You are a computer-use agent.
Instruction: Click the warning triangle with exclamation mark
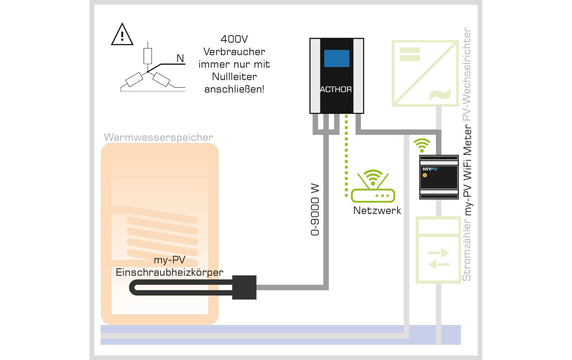click(x=122, y=35)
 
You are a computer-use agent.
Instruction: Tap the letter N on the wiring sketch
click(x=180, y=58)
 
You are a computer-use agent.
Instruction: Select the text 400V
click(x=234, y=39)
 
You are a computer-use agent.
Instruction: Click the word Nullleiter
click(x=234, y=77)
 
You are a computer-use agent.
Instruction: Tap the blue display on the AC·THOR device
click(x=336, y=58)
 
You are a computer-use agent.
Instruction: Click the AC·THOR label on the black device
click(x=336, y=90)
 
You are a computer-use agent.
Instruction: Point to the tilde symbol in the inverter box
click(x=440, y=94)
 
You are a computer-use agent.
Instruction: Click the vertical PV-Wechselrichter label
click(x=467, y=74)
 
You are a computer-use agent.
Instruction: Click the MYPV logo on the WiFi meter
click(x=430, y=169)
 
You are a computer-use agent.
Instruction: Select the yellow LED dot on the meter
click(x=425, y=175)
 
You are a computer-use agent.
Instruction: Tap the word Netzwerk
click(x=377, y=211)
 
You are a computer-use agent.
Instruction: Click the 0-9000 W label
click(x=315, y=210)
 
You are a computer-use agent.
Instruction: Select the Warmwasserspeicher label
click(x=158, y=137)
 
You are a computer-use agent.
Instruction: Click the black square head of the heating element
click(x=244, y=287)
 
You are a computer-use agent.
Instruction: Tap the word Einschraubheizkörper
click(x=170, y=272)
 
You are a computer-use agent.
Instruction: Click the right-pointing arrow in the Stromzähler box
click(x=439, y=253)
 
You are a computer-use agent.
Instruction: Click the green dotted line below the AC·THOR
click(x=346, y=155)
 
